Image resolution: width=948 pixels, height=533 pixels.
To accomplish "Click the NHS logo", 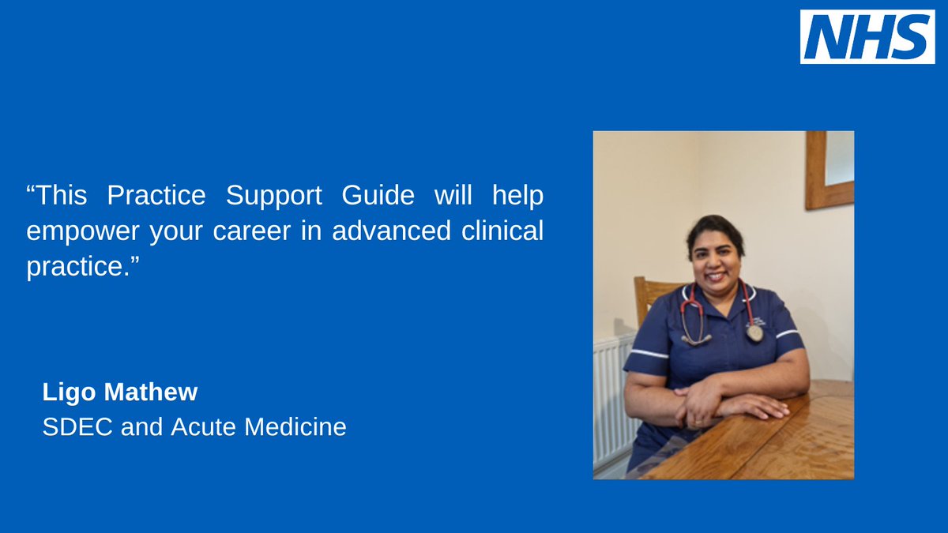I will click(x=867, y=37).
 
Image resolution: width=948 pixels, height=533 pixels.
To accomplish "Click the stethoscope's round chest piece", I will click(x=754, y=333).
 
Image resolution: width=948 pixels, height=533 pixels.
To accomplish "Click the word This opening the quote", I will click(x=59, y=196).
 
